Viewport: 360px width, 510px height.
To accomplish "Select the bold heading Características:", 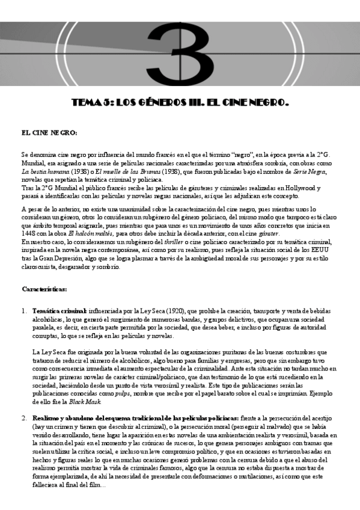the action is click(44, 289).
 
